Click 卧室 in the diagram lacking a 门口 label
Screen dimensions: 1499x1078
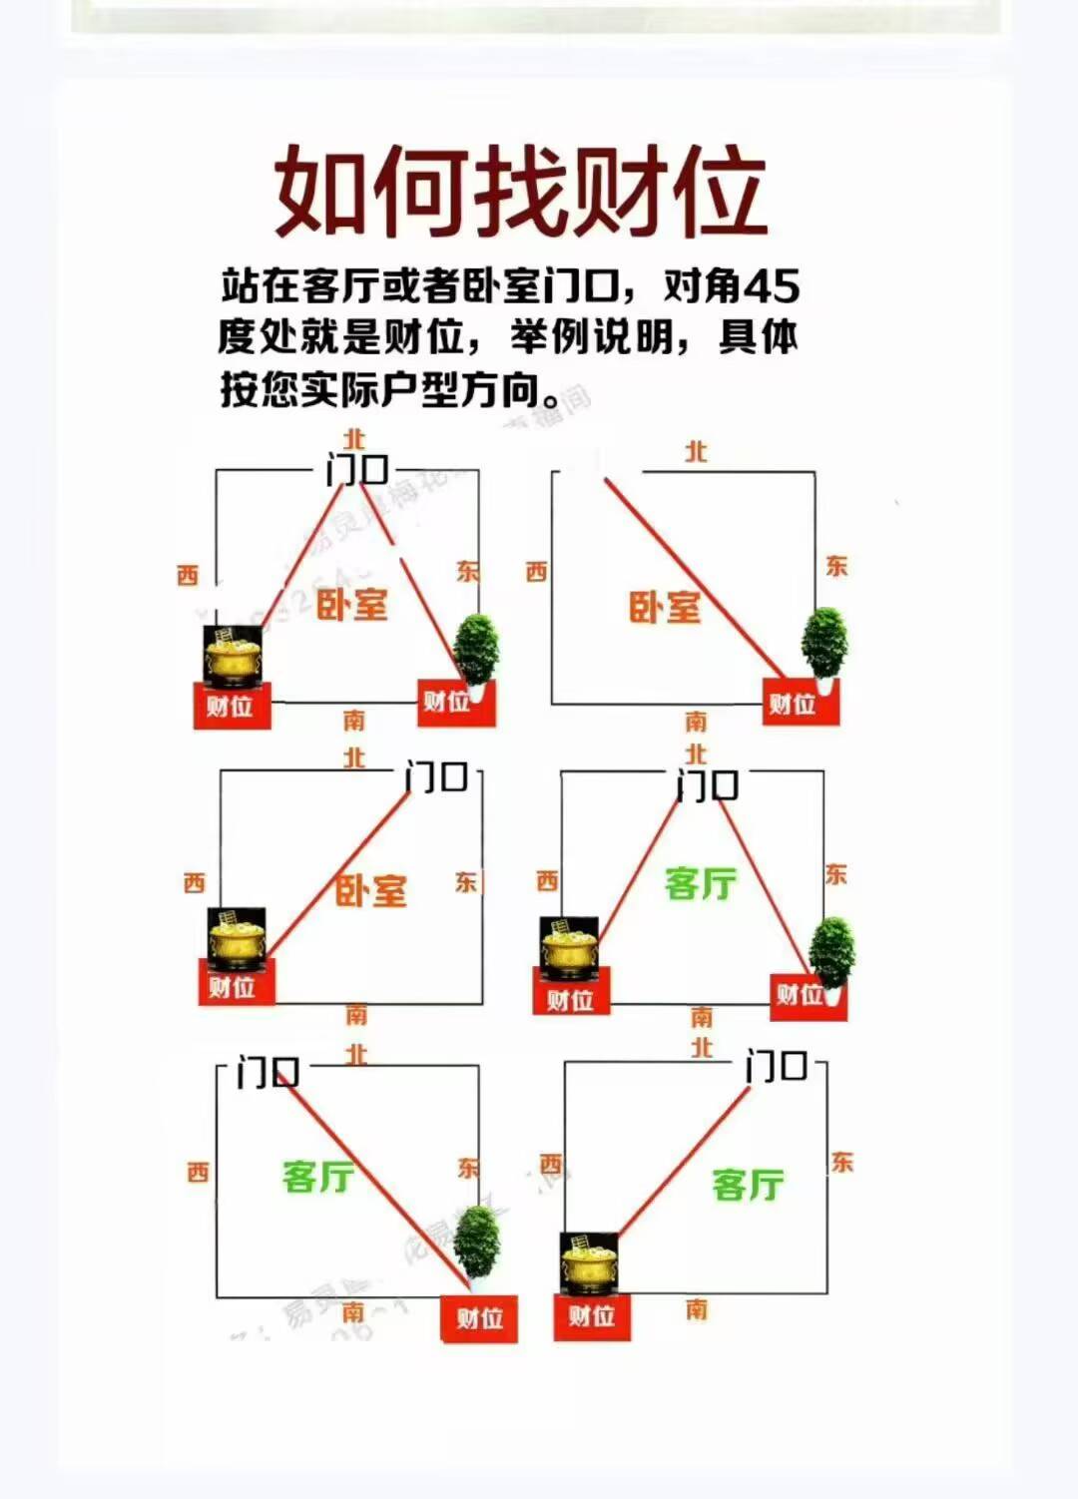pyautogui.click(x=665, y=607)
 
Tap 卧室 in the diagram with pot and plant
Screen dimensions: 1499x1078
pyautogui.click(x=351, y=604)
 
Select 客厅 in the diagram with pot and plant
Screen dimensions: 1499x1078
pyautogui.click(x=701, y=883)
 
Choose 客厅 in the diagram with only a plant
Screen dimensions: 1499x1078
pyautogui.click(x=317, y=1176)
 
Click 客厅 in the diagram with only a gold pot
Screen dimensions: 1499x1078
pyautogui.click(x=748, y=1185)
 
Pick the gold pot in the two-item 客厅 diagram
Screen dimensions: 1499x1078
pyautogui.click(x=568, y=948)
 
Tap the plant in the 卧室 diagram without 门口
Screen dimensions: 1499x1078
pyautogui.click(x=824, y=644)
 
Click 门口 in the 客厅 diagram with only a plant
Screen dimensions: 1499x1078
pyautogui.click(x=268, y=1074)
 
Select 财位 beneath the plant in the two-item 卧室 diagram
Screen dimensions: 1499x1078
pyautogui.click(x=446, y=702)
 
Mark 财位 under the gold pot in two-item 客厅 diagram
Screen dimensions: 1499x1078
pyautogui.click(x=569, y=1000)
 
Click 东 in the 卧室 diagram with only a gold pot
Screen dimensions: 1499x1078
pyautogui.click(x=466, y=882)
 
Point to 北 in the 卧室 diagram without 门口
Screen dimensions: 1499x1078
pyautogui.click(x=696, y=452)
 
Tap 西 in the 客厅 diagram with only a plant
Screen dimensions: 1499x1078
pyautogui.click(x=198, y=1172)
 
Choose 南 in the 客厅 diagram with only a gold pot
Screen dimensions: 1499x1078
pyautogui.click(x=697, y=1307)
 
